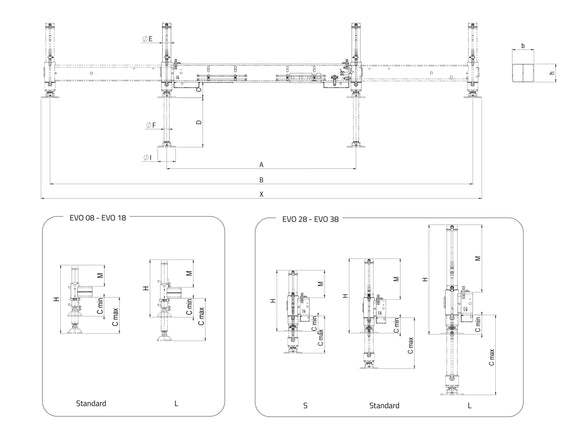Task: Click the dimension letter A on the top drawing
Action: (x=261, y=164)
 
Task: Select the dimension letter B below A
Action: (x=261, y=179)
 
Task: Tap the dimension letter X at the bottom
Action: (x=261, y=193)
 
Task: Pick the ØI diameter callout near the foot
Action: (x=148, y=157)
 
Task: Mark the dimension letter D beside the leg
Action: (x=200, y=121)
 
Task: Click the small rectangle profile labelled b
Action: (x=522, y=73)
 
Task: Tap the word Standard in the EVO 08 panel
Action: (x=91, y=404)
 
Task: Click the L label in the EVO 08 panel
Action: (x=176, y=404)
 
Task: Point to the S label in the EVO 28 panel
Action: (x=305, y=405)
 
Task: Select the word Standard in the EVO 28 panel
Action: (x=383, y=405)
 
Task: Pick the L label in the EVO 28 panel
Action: (x=468, y=405)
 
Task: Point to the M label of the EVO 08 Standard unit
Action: (x=101, y=274)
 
